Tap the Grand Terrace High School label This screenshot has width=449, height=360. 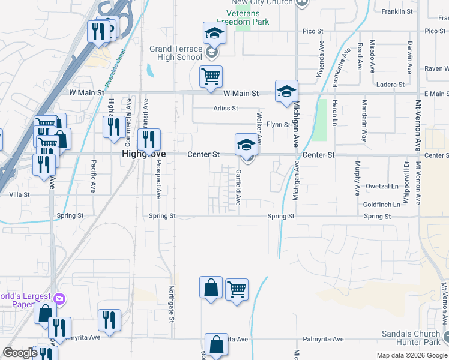176,53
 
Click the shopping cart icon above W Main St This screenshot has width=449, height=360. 211,77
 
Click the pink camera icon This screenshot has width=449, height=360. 59,298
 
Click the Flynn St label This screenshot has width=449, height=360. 279,125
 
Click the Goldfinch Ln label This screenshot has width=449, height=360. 381,205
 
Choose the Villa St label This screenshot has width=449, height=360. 19,194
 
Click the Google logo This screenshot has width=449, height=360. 20,353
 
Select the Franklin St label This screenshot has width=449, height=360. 397,11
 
